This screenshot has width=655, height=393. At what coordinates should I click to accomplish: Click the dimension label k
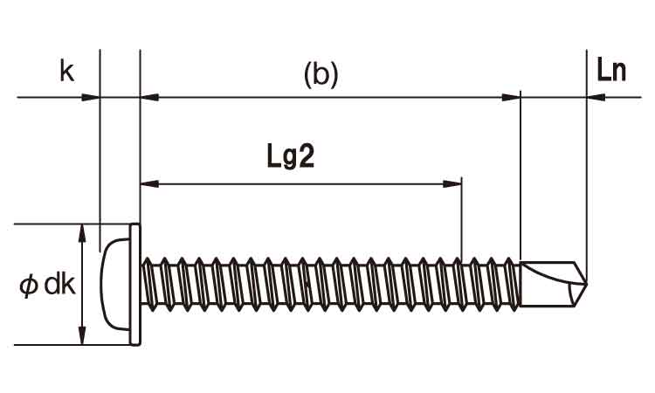tap(67, 71)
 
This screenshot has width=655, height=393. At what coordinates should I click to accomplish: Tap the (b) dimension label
tap(321, 76)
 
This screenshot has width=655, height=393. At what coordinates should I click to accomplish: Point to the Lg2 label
tap(290, 158)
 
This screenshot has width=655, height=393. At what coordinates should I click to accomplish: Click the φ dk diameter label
tap(47, 285)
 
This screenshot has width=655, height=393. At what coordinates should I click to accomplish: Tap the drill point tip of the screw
tap(587, 284)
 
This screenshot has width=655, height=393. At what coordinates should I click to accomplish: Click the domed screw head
tap(115, 285)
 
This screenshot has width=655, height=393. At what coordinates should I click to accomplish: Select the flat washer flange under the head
tap(134, 285)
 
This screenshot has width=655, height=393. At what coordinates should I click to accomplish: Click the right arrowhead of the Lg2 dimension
tap(452, 183)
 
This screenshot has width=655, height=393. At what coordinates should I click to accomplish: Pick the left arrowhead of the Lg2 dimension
tap(150, 183)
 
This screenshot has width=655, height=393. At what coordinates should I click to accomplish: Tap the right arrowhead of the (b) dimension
tap(511, 98)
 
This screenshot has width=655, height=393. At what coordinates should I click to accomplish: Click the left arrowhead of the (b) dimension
tap(150, 98)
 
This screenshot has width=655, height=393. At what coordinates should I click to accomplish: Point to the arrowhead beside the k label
tap(90, 98)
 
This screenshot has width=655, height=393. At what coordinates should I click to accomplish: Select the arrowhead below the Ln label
tap(596, 98)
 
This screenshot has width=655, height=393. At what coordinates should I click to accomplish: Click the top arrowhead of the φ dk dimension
tap(82, 233)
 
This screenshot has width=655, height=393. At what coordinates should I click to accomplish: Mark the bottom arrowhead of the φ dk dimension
tap(82, 335)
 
